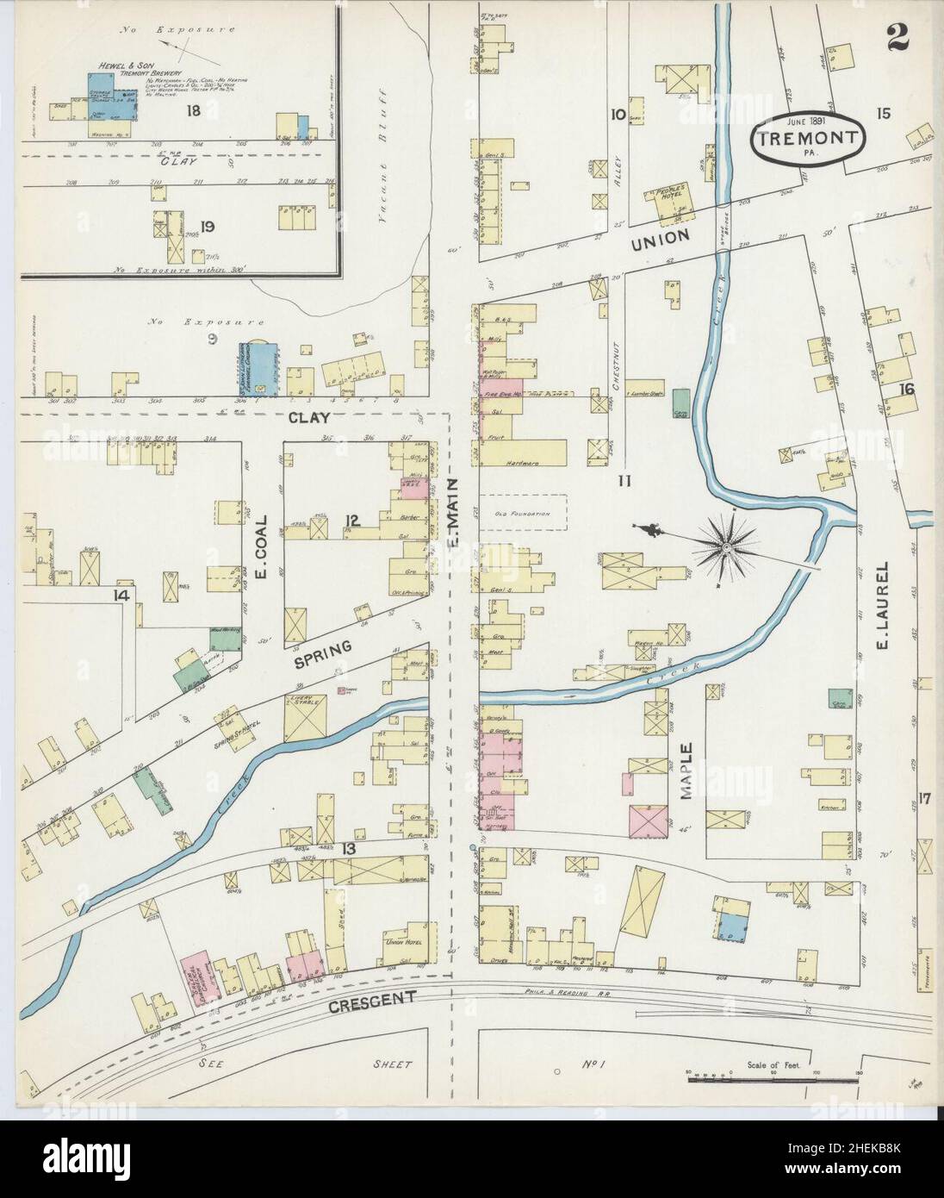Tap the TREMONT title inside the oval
[807, 138]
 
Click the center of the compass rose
[728, 546]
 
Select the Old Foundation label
[522, 514]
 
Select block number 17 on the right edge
[924, 796]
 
